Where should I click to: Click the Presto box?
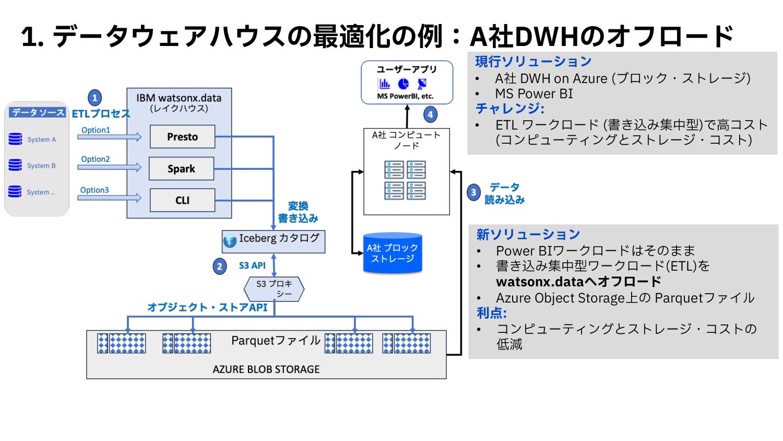pyautogui.click(x=182, y=137)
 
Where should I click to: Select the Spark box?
pyautogui.click(x=181, y=169)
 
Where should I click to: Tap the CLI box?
pyautogui.click(x=182, y=200)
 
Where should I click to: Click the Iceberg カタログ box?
pyautogui.click(x=274, y=241)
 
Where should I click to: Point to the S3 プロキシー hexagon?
pyautogui.click(x=274, y=289)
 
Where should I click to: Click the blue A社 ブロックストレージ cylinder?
pyautogui.click(x=393, y=253)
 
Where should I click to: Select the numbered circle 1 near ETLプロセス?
pyautogui.click(x=94, y=98)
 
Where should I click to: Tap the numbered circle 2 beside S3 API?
pyautogui.click(x=220, y=266)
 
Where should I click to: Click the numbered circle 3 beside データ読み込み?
pyautogui.click(x=473, y=192)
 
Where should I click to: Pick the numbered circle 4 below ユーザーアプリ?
pyautogui.click(x=430, y=114)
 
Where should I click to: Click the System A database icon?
pyautogui.click(x=16, y=139)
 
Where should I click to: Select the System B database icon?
pyautogui.click(x=16, y=165)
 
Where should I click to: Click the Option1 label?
pyautogui.click(x=96, y=130)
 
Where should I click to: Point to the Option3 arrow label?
pyautogui.click(x=94, y=190)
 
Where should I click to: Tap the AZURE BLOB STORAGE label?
pyautogui.click(x=266, y=369)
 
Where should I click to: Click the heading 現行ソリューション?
pyautogui.click(x=533, y=62)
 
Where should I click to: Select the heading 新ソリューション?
pyautogui.click(x=528, y=235)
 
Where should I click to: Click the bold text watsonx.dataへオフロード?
pyautogui.click(x=578, y=282)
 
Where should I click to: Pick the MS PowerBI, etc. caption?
pyautogui.click(x=405, y=96)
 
